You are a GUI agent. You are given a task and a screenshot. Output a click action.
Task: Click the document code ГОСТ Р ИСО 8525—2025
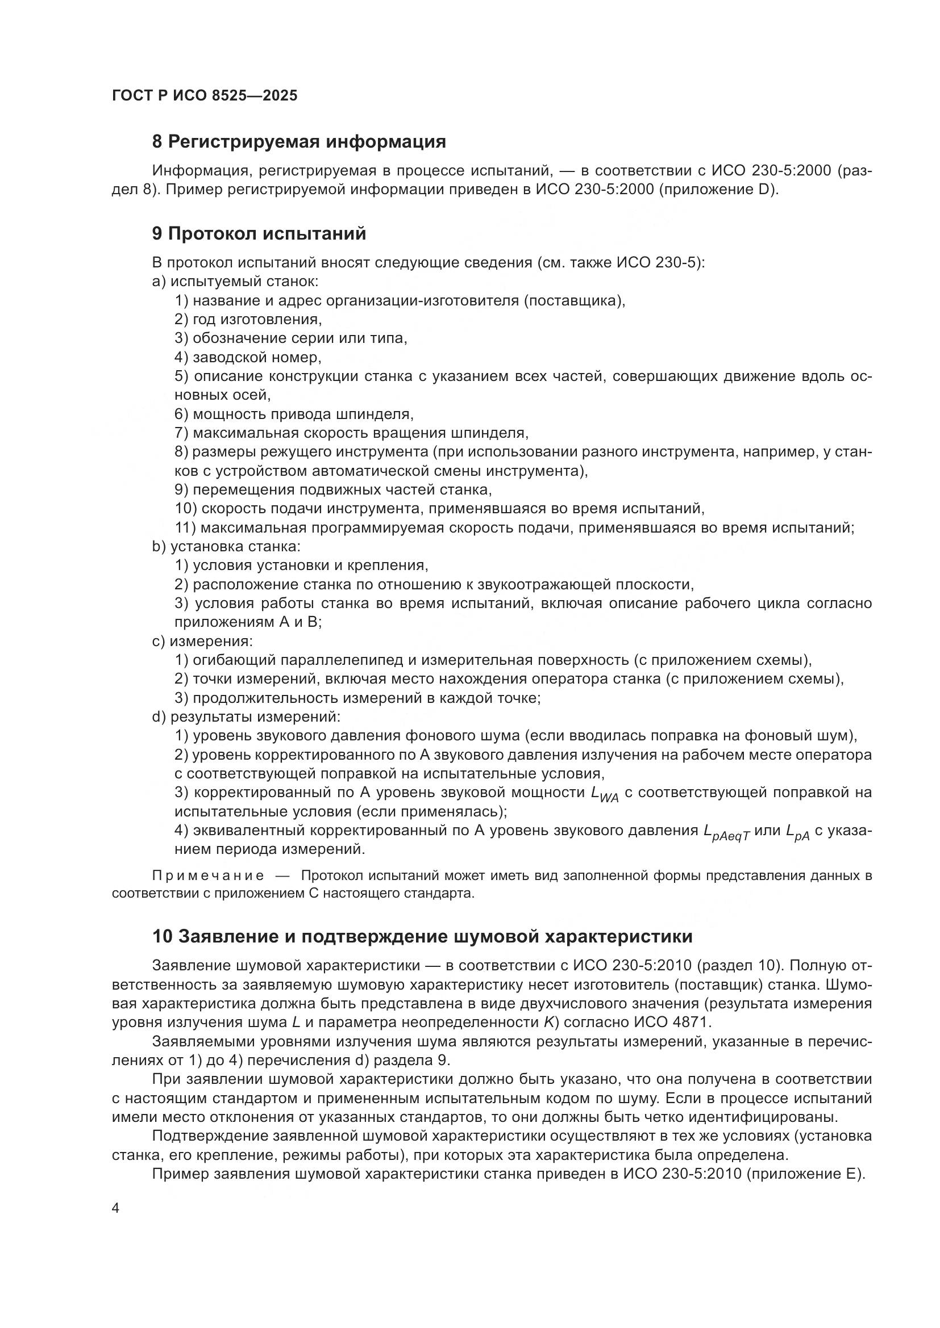pos(205,96)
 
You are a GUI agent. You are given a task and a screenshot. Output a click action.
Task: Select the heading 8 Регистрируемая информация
pos(299,142)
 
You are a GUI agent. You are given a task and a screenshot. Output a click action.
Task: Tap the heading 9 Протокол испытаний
pos(259,234)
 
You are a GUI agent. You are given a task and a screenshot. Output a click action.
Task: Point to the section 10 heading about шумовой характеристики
pos(422,936)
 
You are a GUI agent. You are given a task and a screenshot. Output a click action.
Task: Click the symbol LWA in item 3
pos(604,795)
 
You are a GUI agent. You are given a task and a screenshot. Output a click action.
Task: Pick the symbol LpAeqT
pos(726,833)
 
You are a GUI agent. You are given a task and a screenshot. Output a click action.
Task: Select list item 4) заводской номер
pos(248,358)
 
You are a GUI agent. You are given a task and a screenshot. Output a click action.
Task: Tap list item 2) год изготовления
pos(248,319)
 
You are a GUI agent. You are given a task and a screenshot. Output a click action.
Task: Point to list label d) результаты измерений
pos(246,717)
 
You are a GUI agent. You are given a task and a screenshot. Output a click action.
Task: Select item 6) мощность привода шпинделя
pos(294,414)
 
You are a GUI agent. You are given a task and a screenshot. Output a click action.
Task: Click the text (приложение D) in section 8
pos(718,190)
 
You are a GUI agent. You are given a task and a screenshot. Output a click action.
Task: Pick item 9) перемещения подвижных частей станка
pos(333,490)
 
